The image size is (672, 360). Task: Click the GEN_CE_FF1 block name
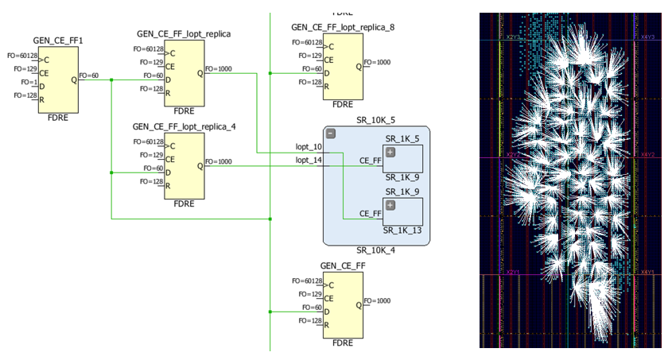coord(57,40)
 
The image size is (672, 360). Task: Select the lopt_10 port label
coord(309,147)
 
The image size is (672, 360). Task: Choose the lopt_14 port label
coord(309,161)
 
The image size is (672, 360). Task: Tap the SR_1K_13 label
coord(402,230)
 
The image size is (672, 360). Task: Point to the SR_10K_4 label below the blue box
coord(377,250)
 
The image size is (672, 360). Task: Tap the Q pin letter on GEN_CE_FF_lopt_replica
coord(200,73)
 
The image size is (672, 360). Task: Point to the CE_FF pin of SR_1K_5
coord(371,161)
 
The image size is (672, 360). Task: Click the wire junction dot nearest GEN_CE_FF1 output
coord(111,79)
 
